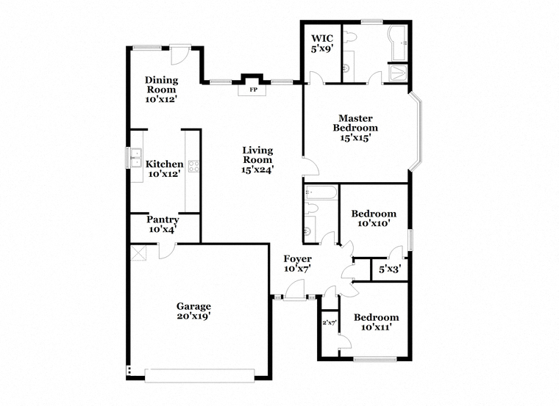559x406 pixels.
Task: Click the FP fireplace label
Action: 253,90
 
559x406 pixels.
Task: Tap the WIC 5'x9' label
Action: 322,43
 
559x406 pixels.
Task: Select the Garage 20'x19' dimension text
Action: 193,316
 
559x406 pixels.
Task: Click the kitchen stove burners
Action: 193,166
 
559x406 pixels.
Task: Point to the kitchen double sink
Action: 137,158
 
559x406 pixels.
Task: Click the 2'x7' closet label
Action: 330,323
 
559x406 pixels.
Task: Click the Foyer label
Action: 297,258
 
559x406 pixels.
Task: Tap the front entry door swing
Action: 295,290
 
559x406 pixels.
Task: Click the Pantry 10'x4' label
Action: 163,225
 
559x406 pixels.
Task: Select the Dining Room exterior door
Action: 180,56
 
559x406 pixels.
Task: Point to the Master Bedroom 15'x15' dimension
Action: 355,138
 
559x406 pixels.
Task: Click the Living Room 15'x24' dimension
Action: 257,170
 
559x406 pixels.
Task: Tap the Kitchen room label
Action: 164,164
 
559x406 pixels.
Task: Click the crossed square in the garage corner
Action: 139,253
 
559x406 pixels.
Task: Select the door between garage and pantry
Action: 167,250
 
